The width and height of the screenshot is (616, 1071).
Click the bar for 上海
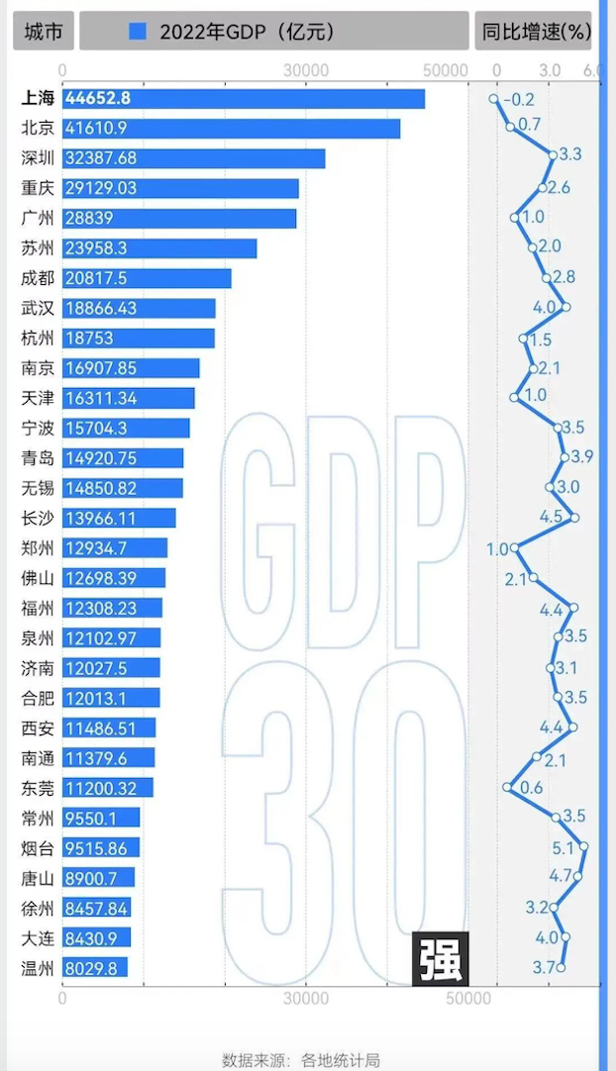(x=243, y=99)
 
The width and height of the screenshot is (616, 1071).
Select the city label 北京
(x=38, y=128)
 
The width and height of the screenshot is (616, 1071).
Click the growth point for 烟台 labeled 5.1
(x=583, y=846)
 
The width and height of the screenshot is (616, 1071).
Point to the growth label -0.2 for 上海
(x=518, y=99)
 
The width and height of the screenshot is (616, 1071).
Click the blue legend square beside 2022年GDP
(x=138, y=32)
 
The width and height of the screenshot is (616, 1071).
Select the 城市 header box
(x=43, y=32)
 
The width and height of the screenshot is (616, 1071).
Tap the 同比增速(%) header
(x=536, y=32)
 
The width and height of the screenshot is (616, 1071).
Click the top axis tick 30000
(x=306, y=70)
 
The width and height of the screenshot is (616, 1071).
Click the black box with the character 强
(x=440, y=958)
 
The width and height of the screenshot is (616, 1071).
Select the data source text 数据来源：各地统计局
(x=301, y=1059)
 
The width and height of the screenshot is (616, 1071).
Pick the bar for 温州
(x=95, y=967)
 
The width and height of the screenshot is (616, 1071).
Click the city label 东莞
(x=38, y=788)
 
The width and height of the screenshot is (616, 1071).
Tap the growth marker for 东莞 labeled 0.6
(x=508, y=788)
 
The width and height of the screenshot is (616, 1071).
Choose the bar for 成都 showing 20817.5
(x=147, y=278)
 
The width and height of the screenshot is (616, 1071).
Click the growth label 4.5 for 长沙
(x=551, y=518)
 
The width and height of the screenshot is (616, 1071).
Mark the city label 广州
(x=38, y=218)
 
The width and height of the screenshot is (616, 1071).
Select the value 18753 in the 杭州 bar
(x=89, y=338)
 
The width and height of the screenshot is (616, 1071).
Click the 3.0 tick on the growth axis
(x=550, y=70)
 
